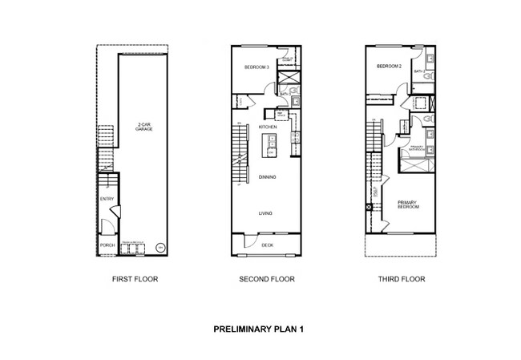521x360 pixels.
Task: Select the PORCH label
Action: pyautogui.click(x=107, y=245)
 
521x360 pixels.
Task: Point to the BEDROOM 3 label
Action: pyautogui.click(x=256, y=68)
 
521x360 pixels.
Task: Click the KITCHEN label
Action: pyautogui.click(x=268, y=127)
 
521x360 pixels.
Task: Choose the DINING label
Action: pyautogui.click(x=267, y=176)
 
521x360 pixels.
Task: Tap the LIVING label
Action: pyautogui.click(x=265, y=213)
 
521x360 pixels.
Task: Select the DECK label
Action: pyautogui.click(x=267, y=245)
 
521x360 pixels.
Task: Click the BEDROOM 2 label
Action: pyautogui.click(x=389, y=67)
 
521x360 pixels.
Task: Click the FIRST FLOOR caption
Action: pyautogui.click(x=135, y=280)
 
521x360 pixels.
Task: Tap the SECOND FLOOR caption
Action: pyautogui.click(x=266, y=280)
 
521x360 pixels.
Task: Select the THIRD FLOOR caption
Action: pyautogui.click(x=401, y=280)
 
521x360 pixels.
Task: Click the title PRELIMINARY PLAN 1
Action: pyautogui.click(x=258, y=329)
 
